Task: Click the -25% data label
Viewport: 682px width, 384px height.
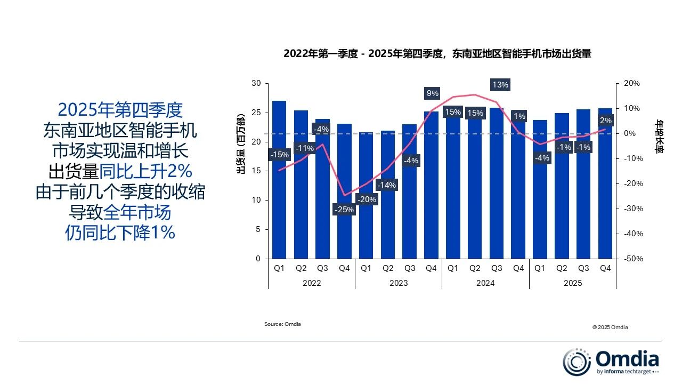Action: [x=344, y=210]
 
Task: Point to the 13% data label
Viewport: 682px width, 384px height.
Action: [x=500, y=85]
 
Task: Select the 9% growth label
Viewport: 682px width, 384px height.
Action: [x=432, y=93]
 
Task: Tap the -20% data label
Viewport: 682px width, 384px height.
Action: [x=366, y=199]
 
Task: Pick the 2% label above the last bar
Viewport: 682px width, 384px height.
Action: [x=605, y=121]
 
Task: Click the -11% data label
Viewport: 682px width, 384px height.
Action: [x=304, y=148]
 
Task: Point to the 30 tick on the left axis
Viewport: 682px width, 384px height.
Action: [x=256, y=84]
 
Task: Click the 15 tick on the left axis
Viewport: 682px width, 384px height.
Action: [x=256, y=171]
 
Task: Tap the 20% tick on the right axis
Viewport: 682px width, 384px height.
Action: [x=632, y=84]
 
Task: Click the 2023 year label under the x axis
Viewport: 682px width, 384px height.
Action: [x=399, y=283]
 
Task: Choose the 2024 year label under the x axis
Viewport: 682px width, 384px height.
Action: [x=485, y=283]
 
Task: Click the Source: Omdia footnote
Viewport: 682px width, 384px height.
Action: [x=282, y=324]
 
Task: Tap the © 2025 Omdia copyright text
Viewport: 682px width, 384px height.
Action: [x=610, y=327]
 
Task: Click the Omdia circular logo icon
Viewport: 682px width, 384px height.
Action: [x=577, y=362]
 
